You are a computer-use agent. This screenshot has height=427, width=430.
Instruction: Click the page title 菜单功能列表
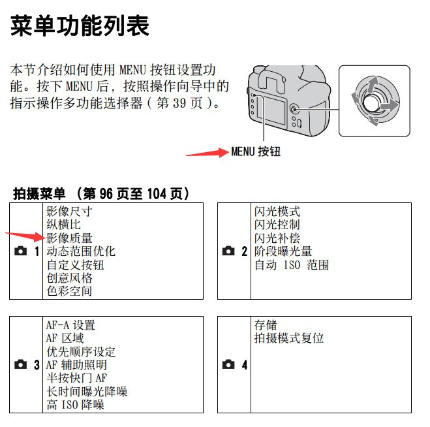tap(80, 26)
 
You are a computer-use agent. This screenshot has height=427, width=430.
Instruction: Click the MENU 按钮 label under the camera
tap(256, 151)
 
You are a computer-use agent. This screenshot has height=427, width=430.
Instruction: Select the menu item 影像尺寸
tap(69, 212)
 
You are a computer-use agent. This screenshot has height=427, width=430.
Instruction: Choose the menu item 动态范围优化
tap(81, 251)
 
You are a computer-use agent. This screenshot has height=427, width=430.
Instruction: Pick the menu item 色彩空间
tap(69, 291)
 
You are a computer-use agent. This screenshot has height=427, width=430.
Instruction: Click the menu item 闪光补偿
tap(277, 238)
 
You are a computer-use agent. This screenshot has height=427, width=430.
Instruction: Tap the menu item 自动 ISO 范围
tap(292, 265)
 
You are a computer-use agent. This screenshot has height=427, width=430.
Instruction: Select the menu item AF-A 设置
tap(70, 325)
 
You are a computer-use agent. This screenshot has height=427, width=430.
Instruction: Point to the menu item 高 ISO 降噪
tap(75, 405)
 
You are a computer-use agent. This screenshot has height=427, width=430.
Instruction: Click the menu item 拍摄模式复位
tap(289, 338)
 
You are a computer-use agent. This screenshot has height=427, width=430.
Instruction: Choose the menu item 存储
tap(266, 325)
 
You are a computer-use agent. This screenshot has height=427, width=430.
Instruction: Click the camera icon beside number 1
tap(20, 251)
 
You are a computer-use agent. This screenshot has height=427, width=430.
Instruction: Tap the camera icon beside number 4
tap(228, 365)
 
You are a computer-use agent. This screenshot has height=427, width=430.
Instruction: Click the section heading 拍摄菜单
tap(40, 193)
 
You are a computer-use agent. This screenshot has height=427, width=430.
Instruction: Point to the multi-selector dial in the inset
tap(373, 102)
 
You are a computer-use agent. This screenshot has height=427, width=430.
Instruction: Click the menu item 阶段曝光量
tap(283, 251)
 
